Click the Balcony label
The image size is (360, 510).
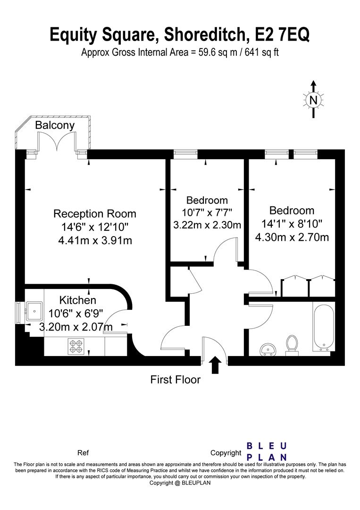(55, 126)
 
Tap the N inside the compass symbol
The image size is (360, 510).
(313, 100)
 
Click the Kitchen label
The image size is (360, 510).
(78, 300)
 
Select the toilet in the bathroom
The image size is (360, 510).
(292, 344)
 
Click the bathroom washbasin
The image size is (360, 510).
(268, 349)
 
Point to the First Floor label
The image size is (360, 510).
(176, 379)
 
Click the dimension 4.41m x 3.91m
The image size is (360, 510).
(95, 241)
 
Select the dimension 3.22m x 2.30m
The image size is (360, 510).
(207, 225)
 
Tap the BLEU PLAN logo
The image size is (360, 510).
(267, 451)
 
